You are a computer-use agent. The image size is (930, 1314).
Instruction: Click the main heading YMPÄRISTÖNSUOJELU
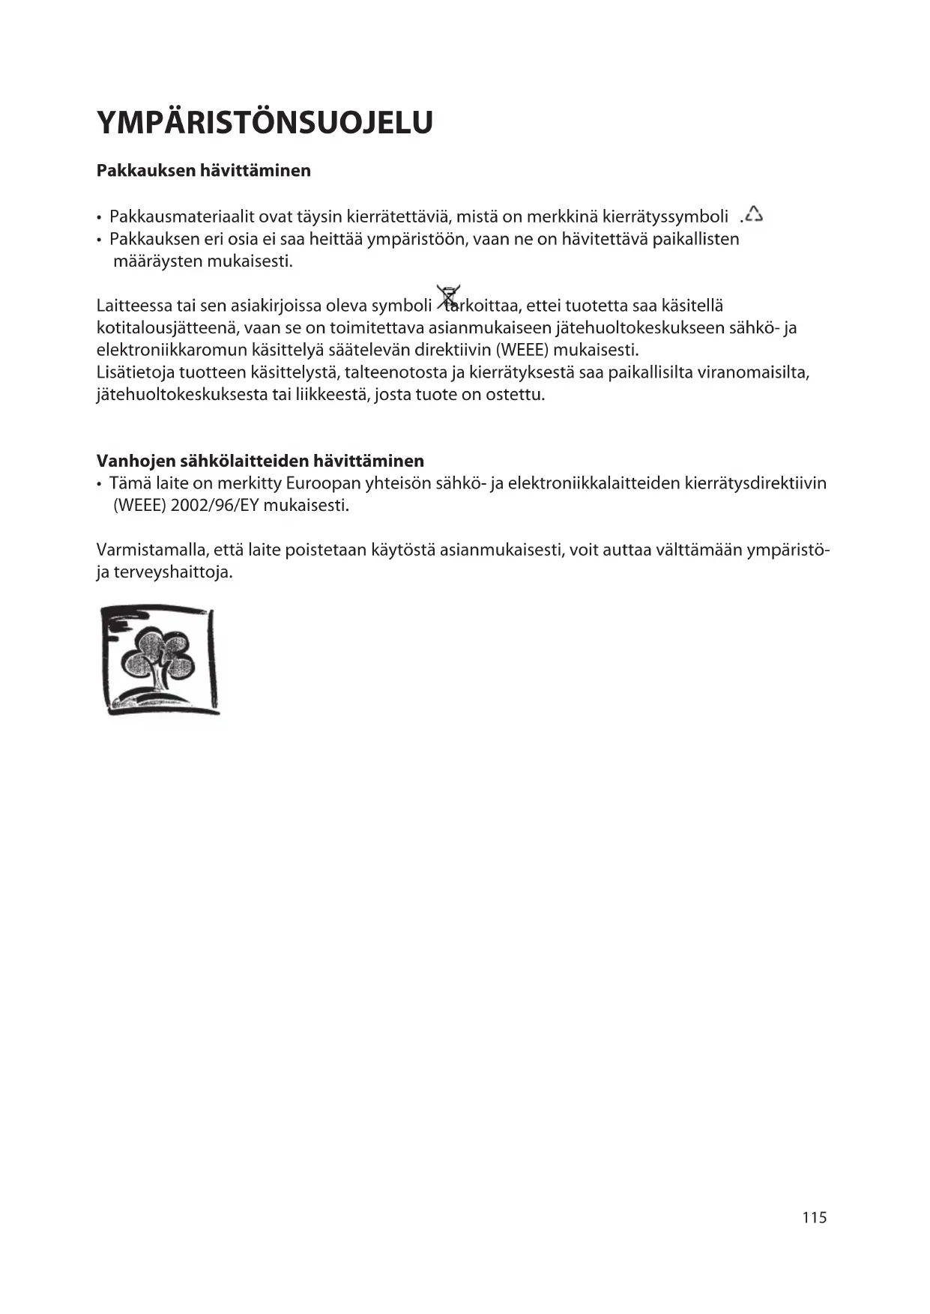coord(265,123)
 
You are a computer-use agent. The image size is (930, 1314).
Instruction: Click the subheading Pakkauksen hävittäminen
coord(203,171)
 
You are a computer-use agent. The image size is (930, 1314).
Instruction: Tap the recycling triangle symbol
coord(753,215)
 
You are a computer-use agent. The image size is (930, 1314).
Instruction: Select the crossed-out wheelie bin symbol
coord(449,297)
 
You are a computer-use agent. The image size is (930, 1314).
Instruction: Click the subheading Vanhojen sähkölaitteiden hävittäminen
coord(260,460)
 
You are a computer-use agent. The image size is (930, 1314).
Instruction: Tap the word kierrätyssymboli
coord(665,217)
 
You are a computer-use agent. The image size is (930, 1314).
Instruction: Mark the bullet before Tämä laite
coord(100,484)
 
